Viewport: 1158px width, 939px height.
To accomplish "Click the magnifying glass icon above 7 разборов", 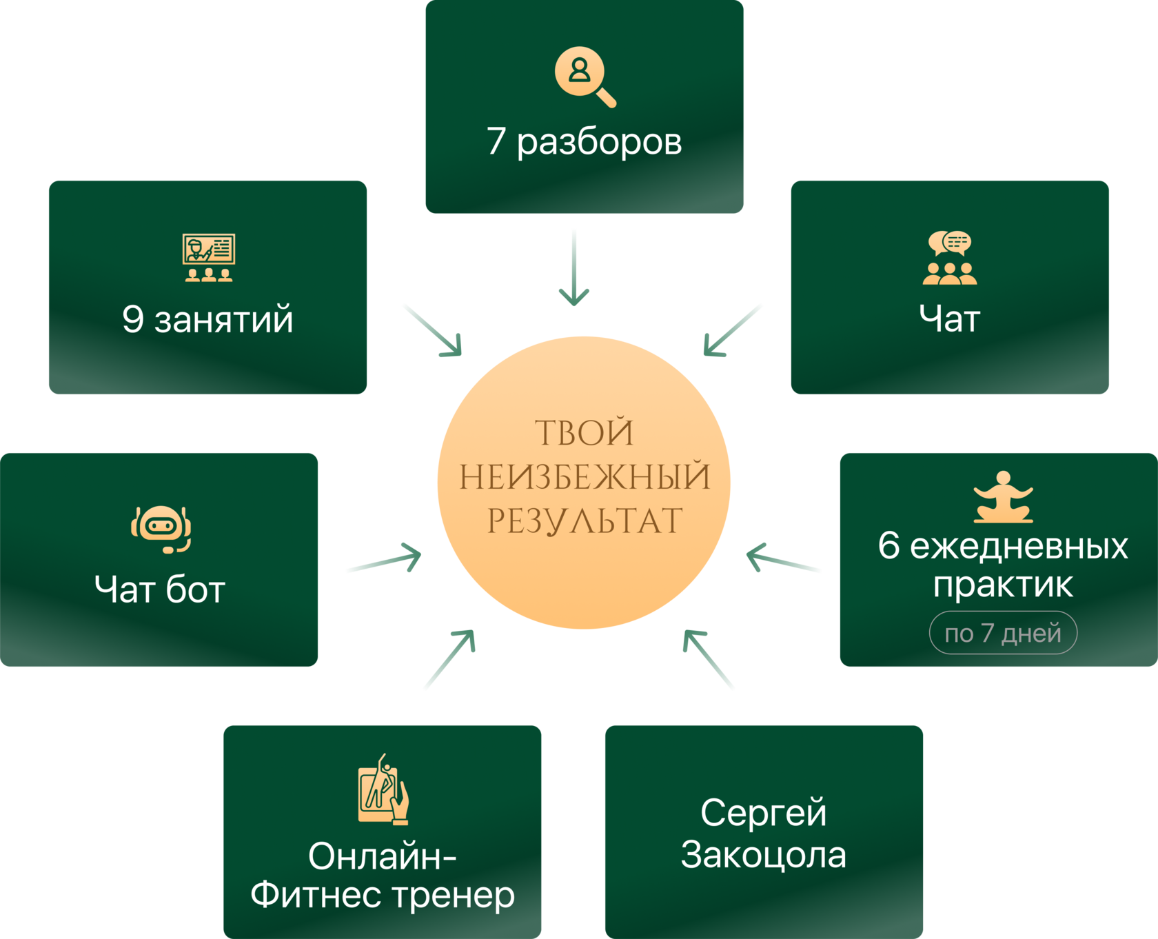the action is (x=585, y=76).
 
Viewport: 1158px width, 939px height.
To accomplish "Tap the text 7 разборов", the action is (x=585, y=141).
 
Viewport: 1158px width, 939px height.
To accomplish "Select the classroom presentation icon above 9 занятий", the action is (x=209, y=257).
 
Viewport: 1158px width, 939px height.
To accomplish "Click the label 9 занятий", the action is (x=207, y=319).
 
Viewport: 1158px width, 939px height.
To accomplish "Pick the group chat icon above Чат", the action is (x=950, y=258).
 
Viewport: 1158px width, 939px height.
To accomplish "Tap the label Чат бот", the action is (x=160, y=589).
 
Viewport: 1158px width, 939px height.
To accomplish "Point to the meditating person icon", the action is (x=1003, y=497).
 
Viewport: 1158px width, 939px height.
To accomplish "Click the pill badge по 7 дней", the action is (x=1003, y=633).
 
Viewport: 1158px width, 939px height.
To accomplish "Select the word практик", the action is (x=1003, y=585).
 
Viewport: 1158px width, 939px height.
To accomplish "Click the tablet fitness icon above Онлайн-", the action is (x=383, y=789).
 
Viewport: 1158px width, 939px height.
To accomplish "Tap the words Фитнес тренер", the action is (x=383, y=895).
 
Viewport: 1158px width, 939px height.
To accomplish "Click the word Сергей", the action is (x=764, y=813).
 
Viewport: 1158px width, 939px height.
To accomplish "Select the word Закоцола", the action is (x=764, y=855).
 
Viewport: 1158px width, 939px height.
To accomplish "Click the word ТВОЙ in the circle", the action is (x=585, y=433).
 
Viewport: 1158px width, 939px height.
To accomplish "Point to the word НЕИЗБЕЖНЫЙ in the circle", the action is (x=585, y=477).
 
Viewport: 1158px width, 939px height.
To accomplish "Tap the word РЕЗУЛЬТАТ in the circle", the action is (x=585, y=521).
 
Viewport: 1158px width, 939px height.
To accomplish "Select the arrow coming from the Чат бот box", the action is (x=383, y=560).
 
